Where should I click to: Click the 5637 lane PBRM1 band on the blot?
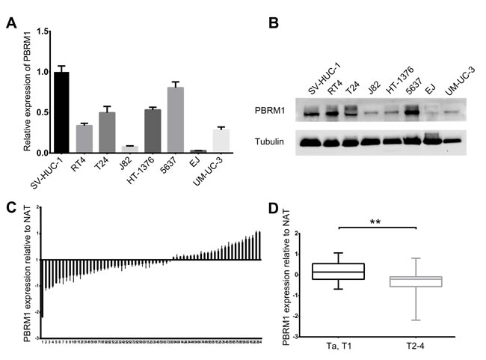point(411,114)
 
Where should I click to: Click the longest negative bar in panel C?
point(43,288)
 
